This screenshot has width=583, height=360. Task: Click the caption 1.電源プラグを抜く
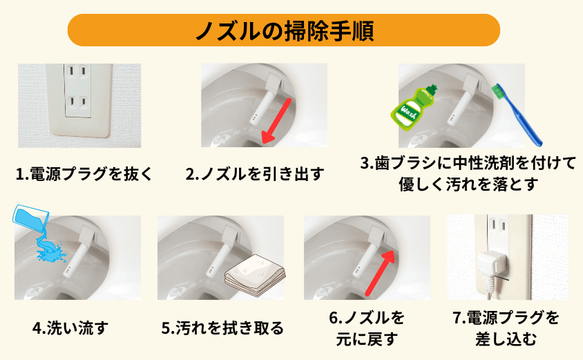[82, 173]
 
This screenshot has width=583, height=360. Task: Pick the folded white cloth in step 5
[251, 280]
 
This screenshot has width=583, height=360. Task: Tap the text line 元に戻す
[367, 339]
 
